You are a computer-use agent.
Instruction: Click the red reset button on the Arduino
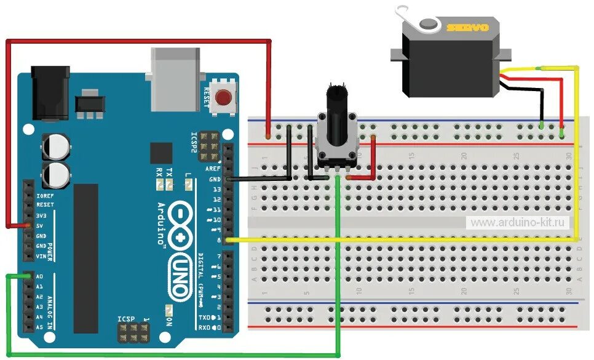point(224,97)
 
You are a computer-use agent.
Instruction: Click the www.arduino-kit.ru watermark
point(519,222)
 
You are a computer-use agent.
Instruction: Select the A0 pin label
point(40,277)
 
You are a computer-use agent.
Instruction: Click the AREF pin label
point(213,169)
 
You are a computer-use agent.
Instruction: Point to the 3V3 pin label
point(42,215)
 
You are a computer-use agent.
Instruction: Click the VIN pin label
point(41,256)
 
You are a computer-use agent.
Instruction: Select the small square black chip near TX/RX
point(162,154)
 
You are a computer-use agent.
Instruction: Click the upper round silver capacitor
point(55,147)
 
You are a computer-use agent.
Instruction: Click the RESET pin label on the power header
point(45,204)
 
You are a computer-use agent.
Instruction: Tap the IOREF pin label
point(45,194)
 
